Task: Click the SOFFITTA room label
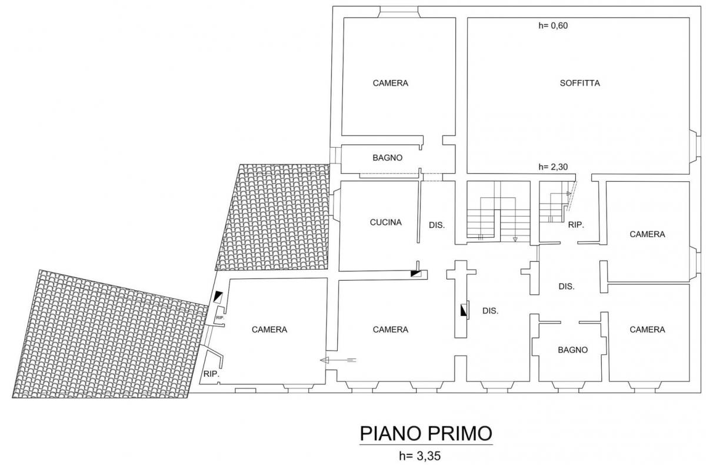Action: pyautogui.click(x=580, y=83)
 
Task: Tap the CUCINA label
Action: pyautogui.click(x=386, y=222)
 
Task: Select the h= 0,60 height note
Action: pyautogui.click(x=553, y=25)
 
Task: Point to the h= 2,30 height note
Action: pyautogui.click(x=553, y=167)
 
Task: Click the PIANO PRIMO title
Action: pyautogui.click(x=426, y=433)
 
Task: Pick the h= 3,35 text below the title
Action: pyautogui.click(x=420, y=456)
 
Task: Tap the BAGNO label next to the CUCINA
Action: pyautogui.click(x=387, y=158)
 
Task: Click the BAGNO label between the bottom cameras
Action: pyautogui.click(x=572, y=350)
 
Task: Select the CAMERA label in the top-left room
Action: pyautogui.click(x=391, y=83)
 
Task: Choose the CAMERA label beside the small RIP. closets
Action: pyautogui.click(x=269, y=330)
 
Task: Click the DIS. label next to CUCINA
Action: pyautogui.click(x=437, y=225)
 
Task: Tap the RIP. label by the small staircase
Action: pyautogui.click(x=576, y=225)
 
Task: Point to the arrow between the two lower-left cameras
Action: pyautogui.click(x=338, y=360)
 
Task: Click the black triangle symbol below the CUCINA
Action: pyautogui.click(x=415, y=274)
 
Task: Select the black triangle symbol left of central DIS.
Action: pyautogui.click(x=464, y=310)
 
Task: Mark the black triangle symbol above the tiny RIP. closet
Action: pyautogui.click(x=218, y=296)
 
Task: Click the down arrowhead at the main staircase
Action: pyautogui.click(x=515, y=240)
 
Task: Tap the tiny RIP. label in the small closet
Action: pyautogui.click(x=220, y=318)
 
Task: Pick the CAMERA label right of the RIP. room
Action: pyautogui.click(x=647, y=234)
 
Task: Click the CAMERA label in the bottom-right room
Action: pyautogui.click(x=647, y=330)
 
